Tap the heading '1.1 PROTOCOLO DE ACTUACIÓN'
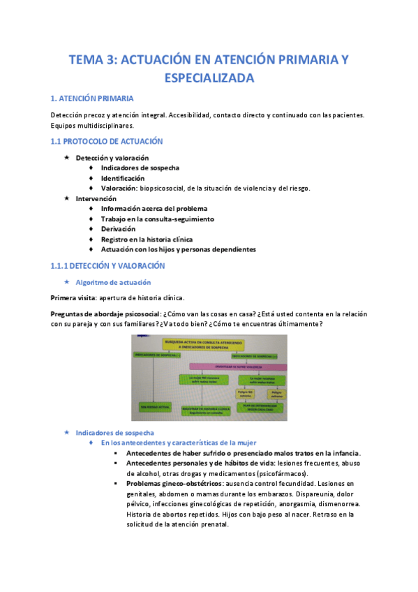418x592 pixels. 107,141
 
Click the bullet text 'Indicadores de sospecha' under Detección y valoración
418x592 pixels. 140,168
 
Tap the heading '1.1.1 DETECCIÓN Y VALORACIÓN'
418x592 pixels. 107,266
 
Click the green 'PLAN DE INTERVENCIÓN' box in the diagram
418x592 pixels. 258,408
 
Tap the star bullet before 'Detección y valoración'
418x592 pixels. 66,158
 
